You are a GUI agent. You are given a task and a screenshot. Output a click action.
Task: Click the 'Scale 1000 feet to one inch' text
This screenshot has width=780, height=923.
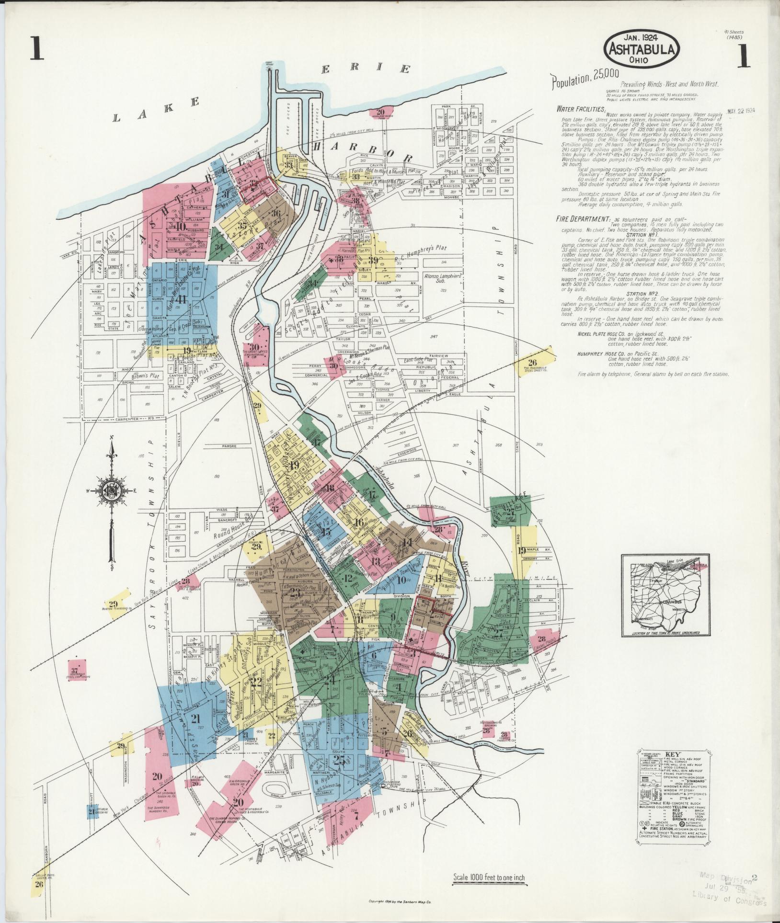(x=489, y=878)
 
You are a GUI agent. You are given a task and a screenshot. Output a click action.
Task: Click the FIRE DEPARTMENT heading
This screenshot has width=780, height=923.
(x=582, y=219)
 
